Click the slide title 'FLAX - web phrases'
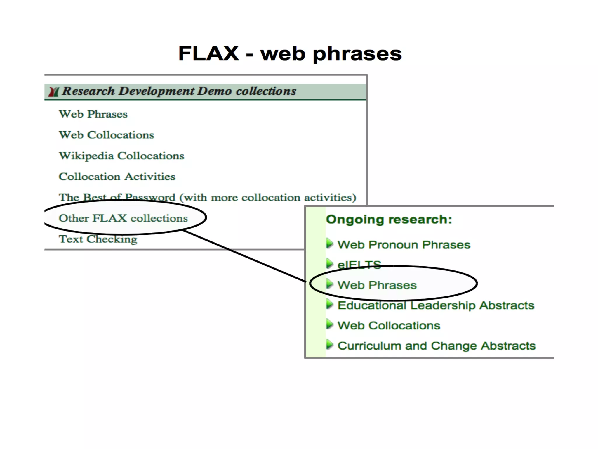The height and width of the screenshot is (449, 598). click(290, 53)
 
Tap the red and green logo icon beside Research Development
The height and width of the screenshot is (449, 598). click(54, 91)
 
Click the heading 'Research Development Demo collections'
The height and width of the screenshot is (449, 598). click(179, 91)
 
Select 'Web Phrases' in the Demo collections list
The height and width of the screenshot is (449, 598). click(93, 114)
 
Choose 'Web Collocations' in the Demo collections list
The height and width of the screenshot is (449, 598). click(106, 135)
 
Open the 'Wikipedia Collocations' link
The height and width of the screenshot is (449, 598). click(121, 156)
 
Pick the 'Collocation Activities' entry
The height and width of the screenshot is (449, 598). click(117, 177)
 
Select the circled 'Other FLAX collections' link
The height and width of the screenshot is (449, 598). click(123, 218)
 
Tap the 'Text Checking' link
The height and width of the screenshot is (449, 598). click(98, 239)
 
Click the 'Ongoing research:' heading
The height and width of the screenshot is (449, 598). click(389, 220)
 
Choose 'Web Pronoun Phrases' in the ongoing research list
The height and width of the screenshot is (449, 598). click(404, 245)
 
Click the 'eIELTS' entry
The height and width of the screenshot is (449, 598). click(359, 265)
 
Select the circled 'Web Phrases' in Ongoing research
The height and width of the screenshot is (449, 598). click(377, 285)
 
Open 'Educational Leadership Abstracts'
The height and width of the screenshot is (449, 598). click(436, 305)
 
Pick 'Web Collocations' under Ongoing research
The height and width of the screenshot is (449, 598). click(389, 326)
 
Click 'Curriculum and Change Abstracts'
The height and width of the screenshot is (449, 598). click(437, 346)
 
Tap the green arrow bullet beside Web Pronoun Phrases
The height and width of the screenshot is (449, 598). click(330, 243)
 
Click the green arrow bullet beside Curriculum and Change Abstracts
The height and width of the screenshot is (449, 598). click(330, 344)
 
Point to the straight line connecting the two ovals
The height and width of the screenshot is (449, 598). click(244, 256)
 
